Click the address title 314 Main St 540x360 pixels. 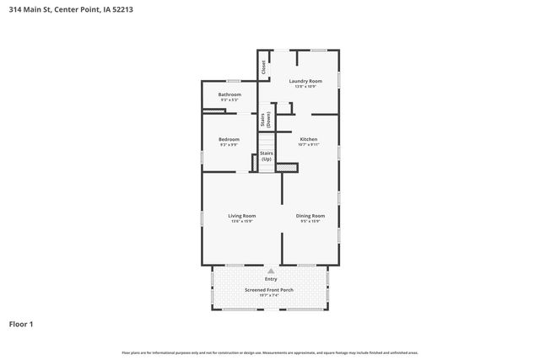click(x=70, y=9)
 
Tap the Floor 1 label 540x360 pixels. click(x=22, y=323)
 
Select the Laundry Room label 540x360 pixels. click(x=305, y=81)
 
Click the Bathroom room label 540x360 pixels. click(x=229, y=94)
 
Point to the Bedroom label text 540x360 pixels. click(x=229, y=139)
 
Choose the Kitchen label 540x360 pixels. click(x=308, y=138)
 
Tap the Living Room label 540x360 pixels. click(x=241, y=216)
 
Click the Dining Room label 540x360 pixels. click(x=310, y=216)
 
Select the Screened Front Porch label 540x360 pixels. click(x=271, y=290)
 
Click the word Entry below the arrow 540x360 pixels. click(x=271, y=279)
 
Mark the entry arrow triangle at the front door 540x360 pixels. click(x=271, y=271)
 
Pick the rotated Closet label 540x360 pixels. click(x=263, y=67)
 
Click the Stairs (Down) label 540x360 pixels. click(x=264, y=120)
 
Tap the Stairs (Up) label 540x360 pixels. click(x=267, y=156)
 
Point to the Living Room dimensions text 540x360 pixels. click(x=241, y=222)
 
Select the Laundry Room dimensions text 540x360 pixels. click(x=305, y=87)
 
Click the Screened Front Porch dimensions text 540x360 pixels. click(x=271, y=296)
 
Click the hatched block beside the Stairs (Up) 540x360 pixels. click(x=288, y=168)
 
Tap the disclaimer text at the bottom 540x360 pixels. click(x=270, y=352)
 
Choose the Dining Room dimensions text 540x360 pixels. click(x=310, y=222)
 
